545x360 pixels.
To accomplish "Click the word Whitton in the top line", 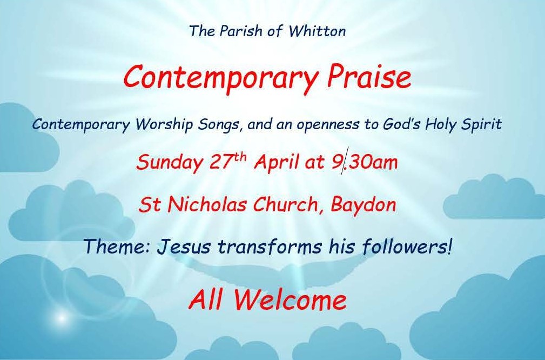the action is [x=317, y=31].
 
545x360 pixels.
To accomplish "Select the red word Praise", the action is [x=369, y=77].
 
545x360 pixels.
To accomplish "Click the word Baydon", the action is [x=363, y=205].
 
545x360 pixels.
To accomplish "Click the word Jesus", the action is [x=184, y=246].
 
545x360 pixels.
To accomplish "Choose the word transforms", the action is [x=270, y=246].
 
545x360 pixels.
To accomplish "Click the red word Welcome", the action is [x=290, y=299].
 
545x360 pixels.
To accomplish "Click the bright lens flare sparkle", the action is [x=62, y=317].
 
